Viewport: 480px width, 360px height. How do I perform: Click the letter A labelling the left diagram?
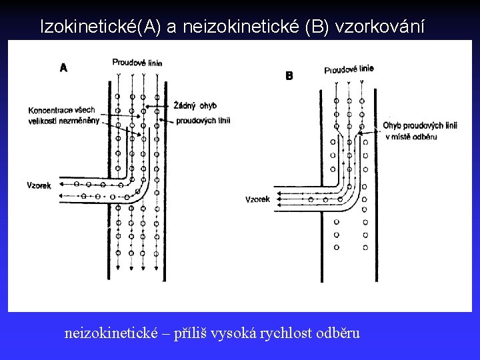[63, 67]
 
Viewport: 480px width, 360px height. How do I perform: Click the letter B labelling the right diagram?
[289, 76]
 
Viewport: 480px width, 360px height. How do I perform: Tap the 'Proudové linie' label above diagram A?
[137, 63]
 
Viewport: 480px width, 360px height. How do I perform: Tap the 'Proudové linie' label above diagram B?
[349, 69]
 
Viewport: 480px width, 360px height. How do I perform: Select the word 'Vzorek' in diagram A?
[38, 185]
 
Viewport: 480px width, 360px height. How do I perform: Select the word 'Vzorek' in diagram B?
[258, 199]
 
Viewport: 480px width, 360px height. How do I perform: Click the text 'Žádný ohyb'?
[195, 105]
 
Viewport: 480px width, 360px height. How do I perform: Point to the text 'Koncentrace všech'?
[62, 110]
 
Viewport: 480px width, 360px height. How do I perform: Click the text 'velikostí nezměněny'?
[64, 121]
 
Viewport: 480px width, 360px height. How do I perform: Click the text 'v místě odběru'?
[411, 137]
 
